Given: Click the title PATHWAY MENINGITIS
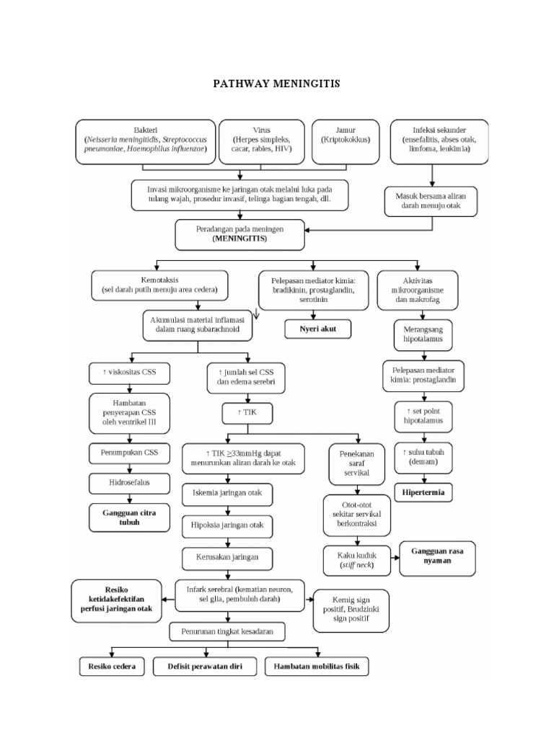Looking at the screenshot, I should click(x=276, y=84).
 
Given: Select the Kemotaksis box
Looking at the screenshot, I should click(x=159, y=285).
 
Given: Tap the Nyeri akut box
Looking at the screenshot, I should click(x=317, y=329).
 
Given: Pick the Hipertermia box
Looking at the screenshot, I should click(x=423, y=493).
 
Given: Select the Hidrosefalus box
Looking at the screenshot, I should click(x=130, y=481).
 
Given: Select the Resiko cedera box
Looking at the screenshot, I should click(x=111, y=667).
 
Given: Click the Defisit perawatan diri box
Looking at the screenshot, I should click(x=205, y=667).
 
